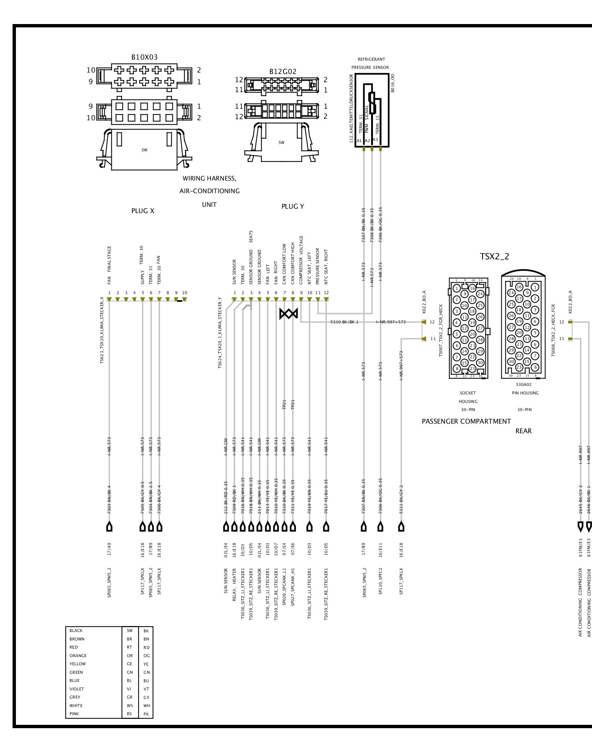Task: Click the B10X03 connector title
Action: point(144,57)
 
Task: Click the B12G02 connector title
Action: point(283,72)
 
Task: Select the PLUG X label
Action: point(142,211)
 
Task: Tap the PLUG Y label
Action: point(293,206)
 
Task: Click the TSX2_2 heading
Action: point(494,257)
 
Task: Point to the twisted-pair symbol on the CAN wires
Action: point(289,314)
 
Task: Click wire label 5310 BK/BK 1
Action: point(344,322)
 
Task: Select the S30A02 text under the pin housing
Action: point(524,384)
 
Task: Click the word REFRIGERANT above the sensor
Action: point(371,59)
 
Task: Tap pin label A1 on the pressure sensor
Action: point(359,141)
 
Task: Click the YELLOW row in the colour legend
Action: point(77,664)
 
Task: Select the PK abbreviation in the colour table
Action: point(146,714)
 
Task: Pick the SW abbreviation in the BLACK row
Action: point(129,630)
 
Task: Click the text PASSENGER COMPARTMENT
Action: point(466,421)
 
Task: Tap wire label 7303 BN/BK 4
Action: point(109,499)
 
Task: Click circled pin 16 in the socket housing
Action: point(472,288)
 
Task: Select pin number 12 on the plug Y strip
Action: point(326,293)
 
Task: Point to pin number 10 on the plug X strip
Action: point(185,293)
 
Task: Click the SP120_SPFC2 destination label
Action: point(380,581)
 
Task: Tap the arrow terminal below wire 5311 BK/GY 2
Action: point(401,527)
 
